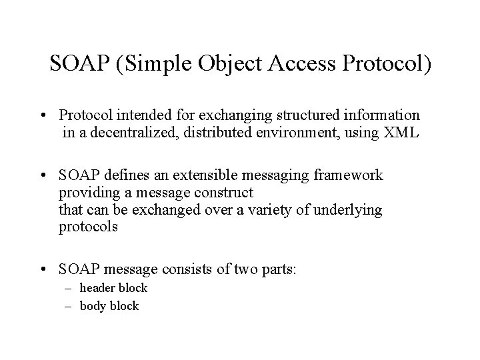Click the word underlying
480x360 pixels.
point(352,210)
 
